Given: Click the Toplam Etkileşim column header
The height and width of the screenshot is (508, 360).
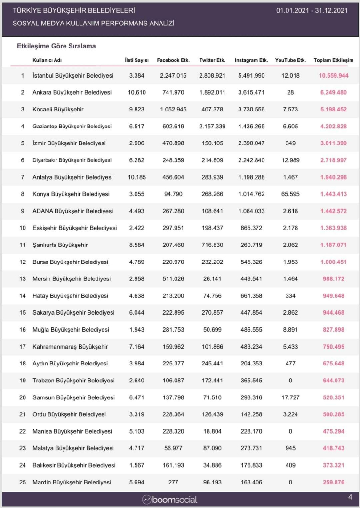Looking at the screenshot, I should pos(333,60).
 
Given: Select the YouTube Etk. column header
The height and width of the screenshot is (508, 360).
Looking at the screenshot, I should pos(290,60).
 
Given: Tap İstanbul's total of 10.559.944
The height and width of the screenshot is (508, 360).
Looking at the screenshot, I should pos(334,76).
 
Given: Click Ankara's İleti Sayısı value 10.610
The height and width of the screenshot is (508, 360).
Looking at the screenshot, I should pos(136,93).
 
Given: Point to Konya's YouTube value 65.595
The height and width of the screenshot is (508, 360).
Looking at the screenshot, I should pos(290,194).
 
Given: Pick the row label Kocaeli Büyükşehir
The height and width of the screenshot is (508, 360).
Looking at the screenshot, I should pos(58,110).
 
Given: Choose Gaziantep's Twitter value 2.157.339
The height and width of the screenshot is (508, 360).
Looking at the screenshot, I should pos(212,127).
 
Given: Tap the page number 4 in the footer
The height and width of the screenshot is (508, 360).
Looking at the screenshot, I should pos(350,497).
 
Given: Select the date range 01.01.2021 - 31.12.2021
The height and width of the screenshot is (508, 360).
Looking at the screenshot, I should pos(312,11).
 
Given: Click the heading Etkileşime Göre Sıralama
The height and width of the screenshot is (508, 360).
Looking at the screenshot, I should pos(56,47).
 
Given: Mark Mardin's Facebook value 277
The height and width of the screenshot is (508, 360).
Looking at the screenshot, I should pos(172,482).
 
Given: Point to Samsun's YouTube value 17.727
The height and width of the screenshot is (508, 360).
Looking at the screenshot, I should pos(290,397).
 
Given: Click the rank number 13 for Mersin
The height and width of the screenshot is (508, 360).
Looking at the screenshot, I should pos(22,279).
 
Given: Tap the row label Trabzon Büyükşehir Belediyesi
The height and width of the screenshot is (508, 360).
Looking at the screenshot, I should pos(73,381).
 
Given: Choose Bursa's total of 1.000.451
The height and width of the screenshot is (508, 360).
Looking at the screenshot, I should pos(334,262).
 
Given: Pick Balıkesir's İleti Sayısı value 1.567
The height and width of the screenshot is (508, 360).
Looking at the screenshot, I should pos(136,465).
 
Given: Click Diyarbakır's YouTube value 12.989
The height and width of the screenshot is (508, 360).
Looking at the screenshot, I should pos(290,160).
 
